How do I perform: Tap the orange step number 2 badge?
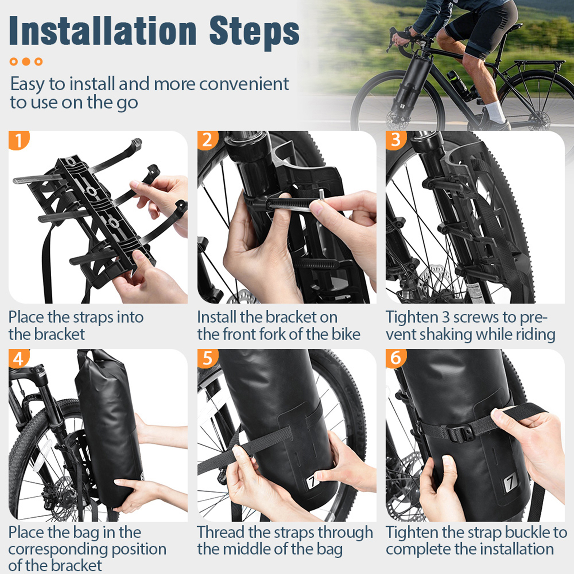(x=207, y=140)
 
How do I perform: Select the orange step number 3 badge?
(x=396, y=140)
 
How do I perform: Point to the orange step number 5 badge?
(x=207, y=358)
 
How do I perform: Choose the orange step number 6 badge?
(x=396, y=358)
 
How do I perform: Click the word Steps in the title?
(x=254, y=33)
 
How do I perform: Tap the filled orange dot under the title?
(x=26, y=62)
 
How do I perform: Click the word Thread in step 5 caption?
(x=220, y=532)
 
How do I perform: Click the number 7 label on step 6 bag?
(x=510, y=484)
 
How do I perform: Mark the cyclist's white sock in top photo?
(x=497, y=112)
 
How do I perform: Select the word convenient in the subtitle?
(x=244, y=84)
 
